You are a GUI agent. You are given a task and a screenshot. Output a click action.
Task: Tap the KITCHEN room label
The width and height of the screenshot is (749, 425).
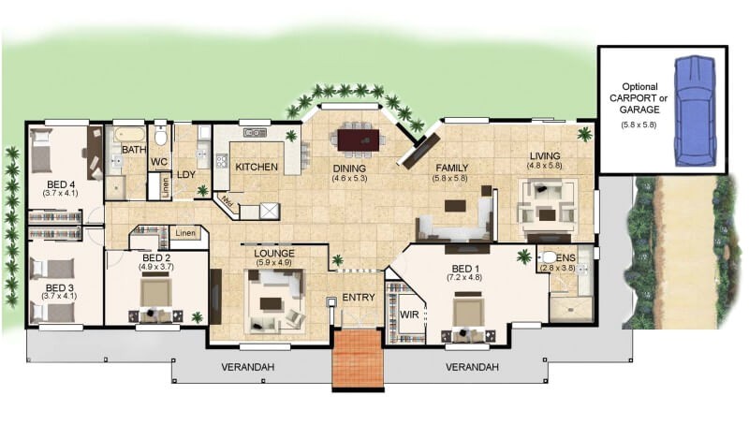click(x=256, y=167)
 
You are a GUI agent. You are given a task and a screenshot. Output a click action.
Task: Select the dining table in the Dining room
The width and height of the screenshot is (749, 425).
click(x=357, y=139)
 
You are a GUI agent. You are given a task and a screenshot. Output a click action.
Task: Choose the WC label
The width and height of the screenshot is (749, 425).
click(x=159, y=162)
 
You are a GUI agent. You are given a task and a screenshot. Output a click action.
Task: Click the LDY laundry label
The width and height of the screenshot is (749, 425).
click(x=186, y=173)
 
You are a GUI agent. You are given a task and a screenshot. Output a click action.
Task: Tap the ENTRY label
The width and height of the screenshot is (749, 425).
click(x=358, y=298)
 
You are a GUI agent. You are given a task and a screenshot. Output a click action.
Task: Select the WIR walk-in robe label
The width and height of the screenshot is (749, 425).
click(x=408, y=314)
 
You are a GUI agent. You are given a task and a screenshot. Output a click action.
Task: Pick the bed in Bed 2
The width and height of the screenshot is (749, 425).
click(x=155, y=296)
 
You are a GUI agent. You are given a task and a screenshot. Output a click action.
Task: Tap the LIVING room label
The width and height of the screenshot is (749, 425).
click(x=544, y=156)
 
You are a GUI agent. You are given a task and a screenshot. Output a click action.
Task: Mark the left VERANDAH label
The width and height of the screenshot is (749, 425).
click(x=247, y=367)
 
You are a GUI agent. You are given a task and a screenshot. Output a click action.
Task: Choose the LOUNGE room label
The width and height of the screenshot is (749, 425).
click(x=274, y=254)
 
